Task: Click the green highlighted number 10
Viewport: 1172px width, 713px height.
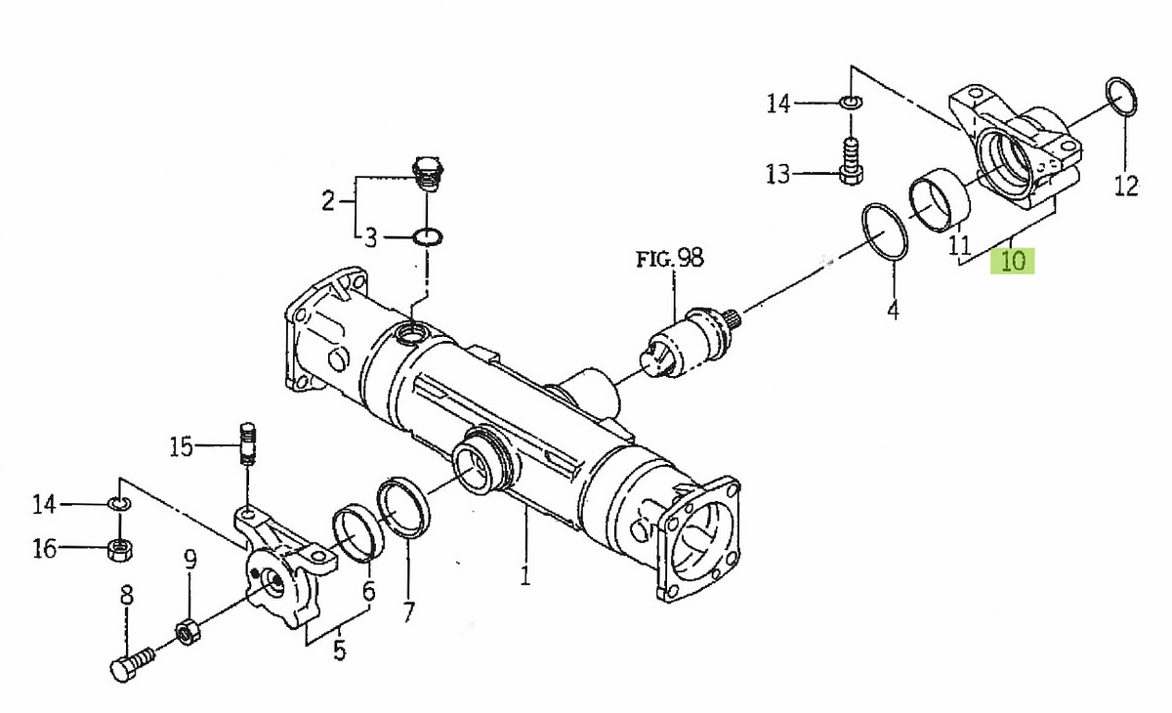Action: [1013, 261]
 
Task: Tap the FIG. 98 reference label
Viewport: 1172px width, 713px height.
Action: [670, 258]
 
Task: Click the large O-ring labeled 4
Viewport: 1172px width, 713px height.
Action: [884, 231]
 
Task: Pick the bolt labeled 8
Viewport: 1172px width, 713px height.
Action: [133, 664]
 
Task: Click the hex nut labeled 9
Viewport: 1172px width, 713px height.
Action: [188, 632]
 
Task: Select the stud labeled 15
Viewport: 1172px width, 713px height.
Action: [247, 443]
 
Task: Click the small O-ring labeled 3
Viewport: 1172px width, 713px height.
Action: [428, 237]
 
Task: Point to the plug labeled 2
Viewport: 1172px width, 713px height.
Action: [429, 174]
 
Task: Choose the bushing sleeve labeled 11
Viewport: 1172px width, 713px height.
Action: [940, 200]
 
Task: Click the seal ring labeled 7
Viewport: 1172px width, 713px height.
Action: [403, 507]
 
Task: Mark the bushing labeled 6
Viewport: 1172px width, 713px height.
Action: [357, 533]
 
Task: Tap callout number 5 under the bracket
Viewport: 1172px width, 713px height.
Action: [340, 650]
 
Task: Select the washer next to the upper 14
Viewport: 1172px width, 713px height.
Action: [852, 102]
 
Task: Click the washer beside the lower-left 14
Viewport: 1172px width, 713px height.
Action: [120, 504]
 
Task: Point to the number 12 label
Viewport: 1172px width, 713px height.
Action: [1126, 186]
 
